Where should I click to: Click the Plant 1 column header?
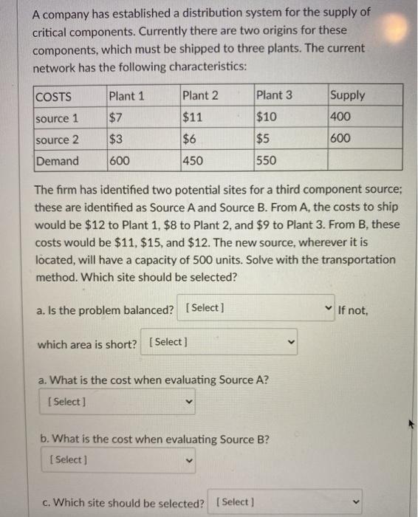(126, 95)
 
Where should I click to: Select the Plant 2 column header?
(200, 95)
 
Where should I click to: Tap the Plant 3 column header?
(274, 95)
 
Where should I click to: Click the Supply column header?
(347, 95)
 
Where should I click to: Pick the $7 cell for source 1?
(116, 117)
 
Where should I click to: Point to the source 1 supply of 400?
(341, 117)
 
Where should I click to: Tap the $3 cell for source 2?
(116, 139)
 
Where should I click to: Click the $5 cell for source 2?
(263, 139)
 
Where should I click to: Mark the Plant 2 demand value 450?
(195, 161)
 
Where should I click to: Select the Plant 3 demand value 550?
(268, 161)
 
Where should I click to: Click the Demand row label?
(58, 161)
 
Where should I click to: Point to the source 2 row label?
(58, 139)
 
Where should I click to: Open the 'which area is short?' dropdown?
(222, 343)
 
